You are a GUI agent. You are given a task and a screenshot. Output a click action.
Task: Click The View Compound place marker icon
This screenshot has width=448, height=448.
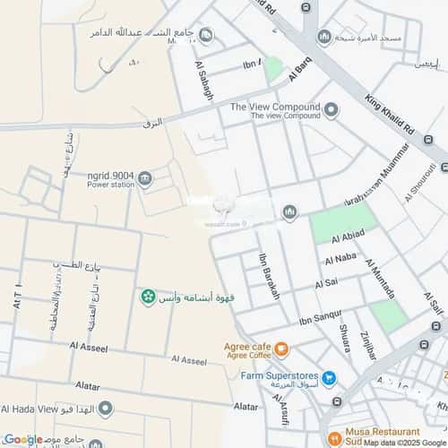tap(332, 110)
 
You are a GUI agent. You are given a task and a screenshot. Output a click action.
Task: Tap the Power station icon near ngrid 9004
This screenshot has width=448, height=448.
tap(146, 179)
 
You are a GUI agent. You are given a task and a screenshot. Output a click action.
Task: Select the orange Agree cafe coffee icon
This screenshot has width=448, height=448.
tap(281, 349)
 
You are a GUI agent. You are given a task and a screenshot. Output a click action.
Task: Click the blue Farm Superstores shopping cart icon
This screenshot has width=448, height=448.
tap(329, 377)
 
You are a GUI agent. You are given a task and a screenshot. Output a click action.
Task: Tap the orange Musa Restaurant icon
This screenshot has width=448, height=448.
tap(333, 440)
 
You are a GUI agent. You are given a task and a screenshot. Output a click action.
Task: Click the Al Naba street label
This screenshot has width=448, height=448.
tap(341, 260)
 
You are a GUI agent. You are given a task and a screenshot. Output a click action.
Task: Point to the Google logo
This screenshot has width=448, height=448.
tap(22, 439)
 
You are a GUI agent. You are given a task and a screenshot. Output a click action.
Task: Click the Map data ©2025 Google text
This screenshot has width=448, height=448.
tap(402, 443)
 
